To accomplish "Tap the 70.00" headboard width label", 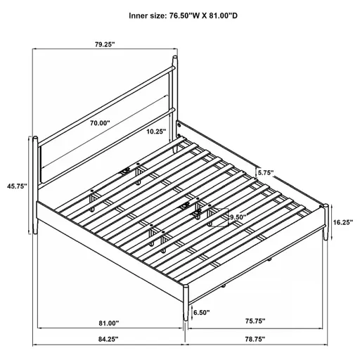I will [x=100, y=122].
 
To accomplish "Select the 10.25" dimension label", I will [x=156, y=131].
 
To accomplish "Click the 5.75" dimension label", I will [x=265, y=172].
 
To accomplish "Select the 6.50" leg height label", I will [x=201, y=313].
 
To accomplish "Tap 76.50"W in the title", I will [x=193, y=14].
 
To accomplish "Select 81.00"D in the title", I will [x=231, y=14].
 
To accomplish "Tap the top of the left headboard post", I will [x=32, y=137].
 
